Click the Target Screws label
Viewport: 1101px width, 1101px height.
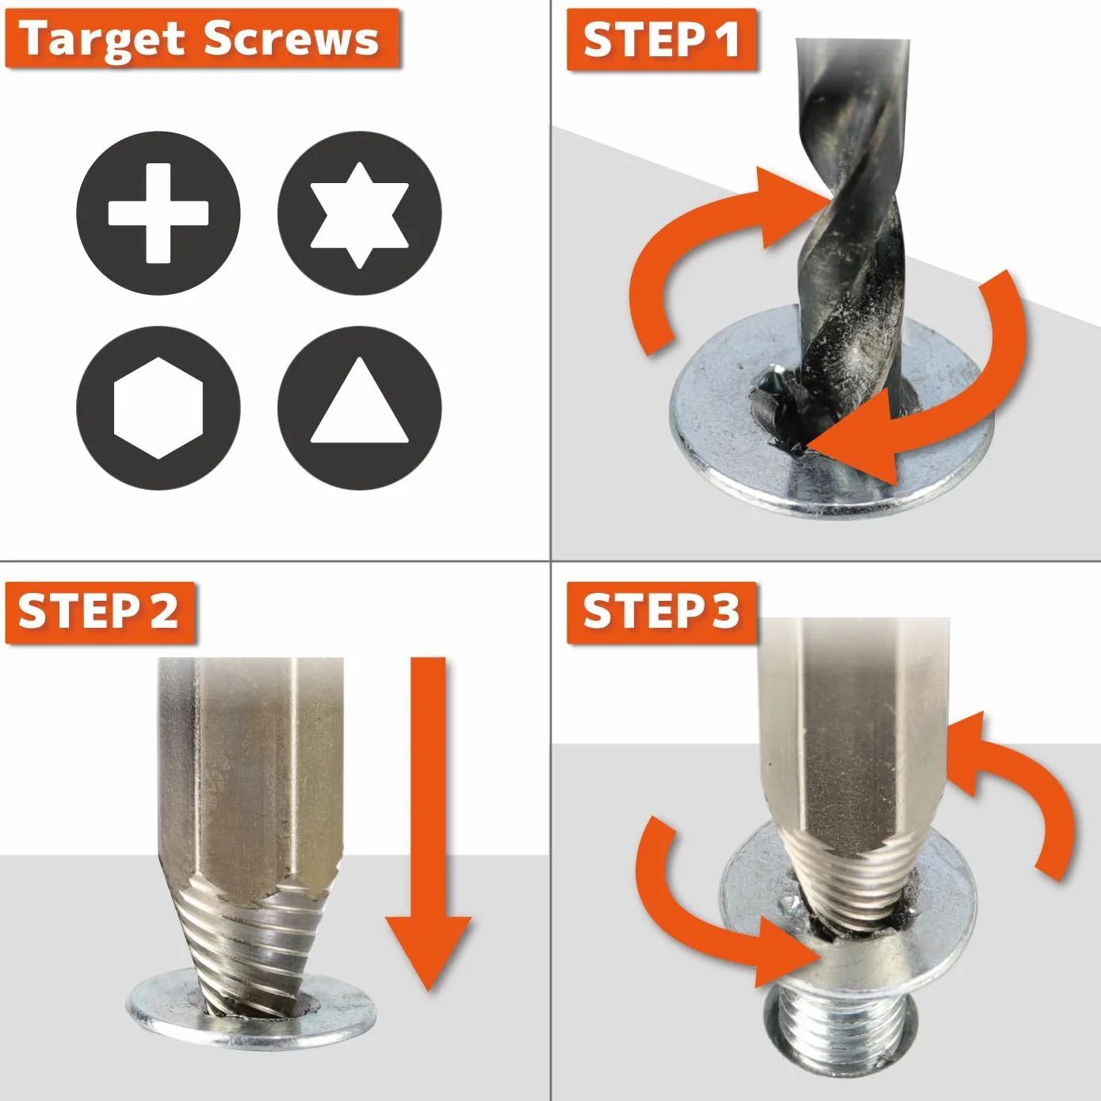(201, 39)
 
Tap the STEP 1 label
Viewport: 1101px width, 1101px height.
(662, 40)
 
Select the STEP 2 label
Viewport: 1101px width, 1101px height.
(99, 613)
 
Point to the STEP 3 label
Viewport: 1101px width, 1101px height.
(662, 613)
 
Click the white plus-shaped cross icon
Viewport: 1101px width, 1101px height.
(159, 213)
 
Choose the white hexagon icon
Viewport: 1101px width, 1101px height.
(159, 408)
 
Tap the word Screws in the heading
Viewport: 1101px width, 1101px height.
(291, 39)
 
